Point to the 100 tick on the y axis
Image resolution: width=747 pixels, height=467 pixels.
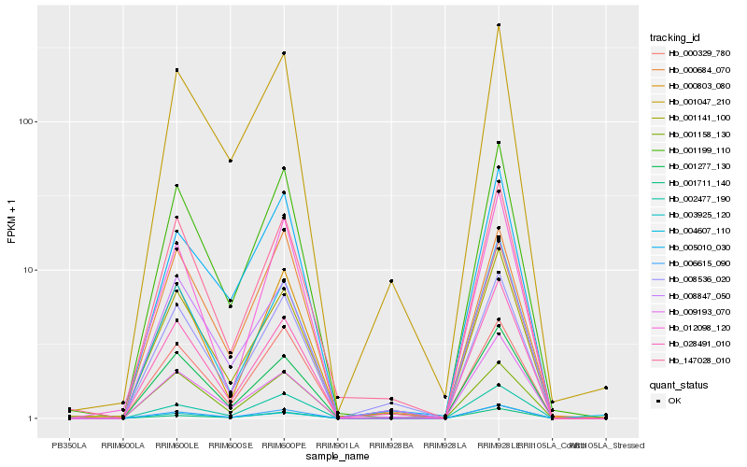(25, 121)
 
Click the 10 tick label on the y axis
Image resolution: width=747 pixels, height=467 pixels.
(28, 270)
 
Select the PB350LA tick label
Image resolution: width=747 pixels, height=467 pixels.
(68, 445)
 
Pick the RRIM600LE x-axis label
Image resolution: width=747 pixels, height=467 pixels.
(176, 445)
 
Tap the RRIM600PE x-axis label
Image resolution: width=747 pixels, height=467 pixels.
(284, 445)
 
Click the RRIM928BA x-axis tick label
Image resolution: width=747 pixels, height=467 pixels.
(391, 445)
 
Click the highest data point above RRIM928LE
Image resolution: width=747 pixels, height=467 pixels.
(499, 25)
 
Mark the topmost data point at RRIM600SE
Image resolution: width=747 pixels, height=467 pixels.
(230, 161)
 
